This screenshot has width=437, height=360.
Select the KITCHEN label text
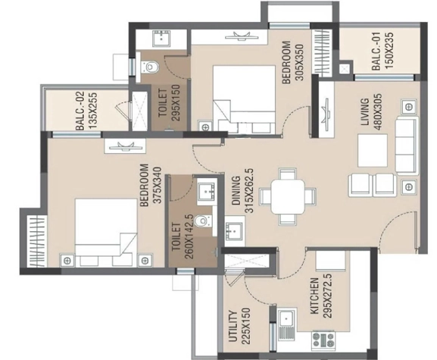tap(314, 296)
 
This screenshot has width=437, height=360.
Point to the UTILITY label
tap(233, 326)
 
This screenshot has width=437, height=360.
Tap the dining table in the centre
tap(288, 196)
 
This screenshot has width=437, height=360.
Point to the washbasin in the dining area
tap(234, 231)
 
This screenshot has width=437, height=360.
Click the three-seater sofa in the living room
tap(407, 146)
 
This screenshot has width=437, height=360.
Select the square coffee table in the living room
tap(373, 150)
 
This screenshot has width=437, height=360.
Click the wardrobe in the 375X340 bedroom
tap(36, 241)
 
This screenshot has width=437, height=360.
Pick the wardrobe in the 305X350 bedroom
tap(322, 52)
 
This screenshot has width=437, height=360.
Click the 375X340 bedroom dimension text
tap(158, 185)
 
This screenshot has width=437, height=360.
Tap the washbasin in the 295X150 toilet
tap(161, 39)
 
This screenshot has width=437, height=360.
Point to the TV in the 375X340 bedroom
tap(125, 146)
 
